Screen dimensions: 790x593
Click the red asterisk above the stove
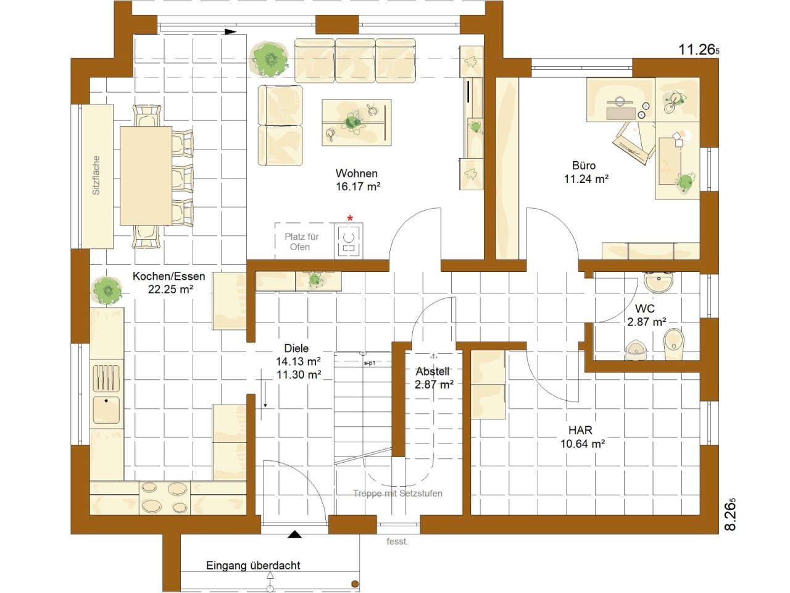[x=350, y=218]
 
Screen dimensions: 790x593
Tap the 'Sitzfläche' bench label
[x=96, y=175]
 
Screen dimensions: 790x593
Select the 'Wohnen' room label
[x=356, y=173]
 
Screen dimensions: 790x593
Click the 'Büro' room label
[x=583, y=166]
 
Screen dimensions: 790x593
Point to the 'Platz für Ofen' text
[x=301, y=242]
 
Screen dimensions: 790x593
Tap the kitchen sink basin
[x=106, y=410]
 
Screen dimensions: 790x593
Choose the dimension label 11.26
[x=698, y=49]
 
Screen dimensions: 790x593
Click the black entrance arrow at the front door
[x=294, y=534]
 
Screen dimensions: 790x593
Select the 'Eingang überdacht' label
[x=253, y=565]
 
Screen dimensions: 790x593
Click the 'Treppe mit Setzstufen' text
[x=397, y=494]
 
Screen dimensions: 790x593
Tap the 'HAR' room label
[x=580, y=430]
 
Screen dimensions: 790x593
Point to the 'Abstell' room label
[x=432, y=371]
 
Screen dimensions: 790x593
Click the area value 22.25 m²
[x=170, y=289]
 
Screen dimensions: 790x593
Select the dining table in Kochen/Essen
[x=146, y=175]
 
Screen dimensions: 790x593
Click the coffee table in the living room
[x=356, y=123]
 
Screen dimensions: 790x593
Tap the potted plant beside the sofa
[x=270, y=59]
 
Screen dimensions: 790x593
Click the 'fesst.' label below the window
[x=397, y=541]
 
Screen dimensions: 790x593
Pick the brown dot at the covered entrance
[x=355, y=584]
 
